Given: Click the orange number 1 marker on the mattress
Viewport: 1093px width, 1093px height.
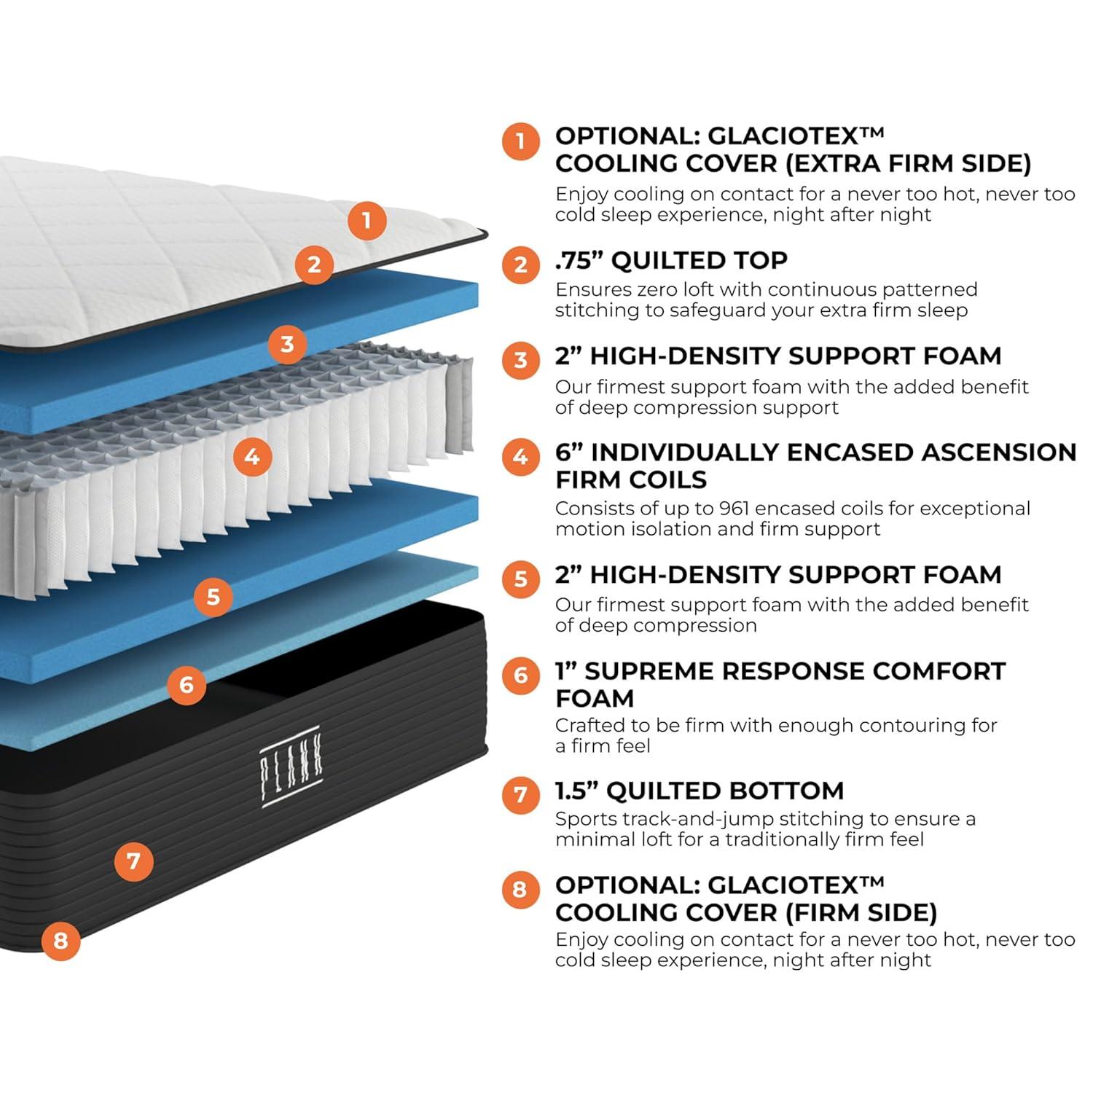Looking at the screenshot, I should tap(367, 219).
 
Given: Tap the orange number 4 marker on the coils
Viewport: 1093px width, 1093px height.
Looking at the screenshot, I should tap(252, 457).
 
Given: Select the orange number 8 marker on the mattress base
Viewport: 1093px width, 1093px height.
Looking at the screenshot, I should tap(60, 940).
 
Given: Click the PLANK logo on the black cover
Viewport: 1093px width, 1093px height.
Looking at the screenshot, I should tap(291, 765).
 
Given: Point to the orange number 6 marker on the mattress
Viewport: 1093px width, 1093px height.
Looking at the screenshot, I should tap(187, 684).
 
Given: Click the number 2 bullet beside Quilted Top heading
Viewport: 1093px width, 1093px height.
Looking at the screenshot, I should tap(521, 264).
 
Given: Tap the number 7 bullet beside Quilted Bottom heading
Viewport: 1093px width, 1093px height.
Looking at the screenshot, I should tap(521, 794).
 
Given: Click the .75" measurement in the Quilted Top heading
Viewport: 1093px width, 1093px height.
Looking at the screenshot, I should tap(579, 260).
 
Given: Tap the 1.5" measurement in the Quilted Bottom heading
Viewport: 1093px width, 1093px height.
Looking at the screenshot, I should tap(576, 790).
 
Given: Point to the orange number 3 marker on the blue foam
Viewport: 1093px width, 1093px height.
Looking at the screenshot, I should tap(287, 343).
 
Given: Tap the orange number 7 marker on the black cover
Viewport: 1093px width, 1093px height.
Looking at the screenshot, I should tap(133, 861).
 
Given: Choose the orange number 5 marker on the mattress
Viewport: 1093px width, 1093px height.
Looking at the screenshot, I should tap(213, 597).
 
